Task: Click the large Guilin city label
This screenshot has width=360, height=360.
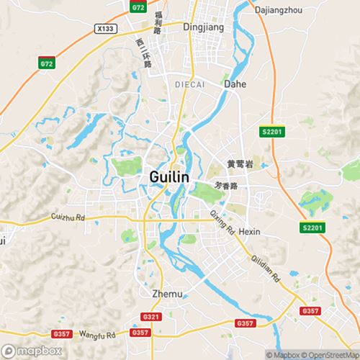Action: click(x=169, y=176)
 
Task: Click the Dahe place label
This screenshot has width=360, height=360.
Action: click(x=235, y=84)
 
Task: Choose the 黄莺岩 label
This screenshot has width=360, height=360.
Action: click(x=240, y=164)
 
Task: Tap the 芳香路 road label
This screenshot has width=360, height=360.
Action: click(x=230, y=185)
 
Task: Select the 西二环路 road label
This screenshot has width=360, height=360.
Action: click(x=144, y=53)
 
